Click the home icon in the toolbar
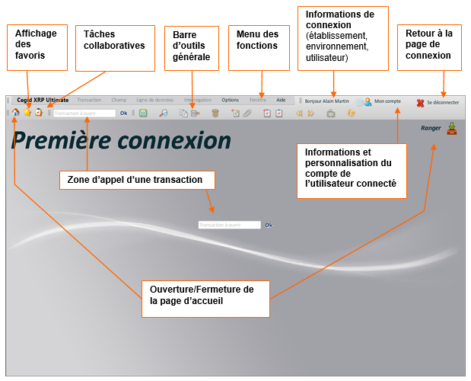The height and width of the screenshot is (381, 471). pos(15,113)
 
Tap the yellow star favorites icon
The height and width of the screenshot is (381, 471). pos(27,113)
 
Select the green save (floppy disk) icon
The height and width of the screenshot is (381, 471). pos(143,114)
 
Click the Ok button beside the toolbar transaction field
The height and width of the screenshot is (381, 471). pos(124,114)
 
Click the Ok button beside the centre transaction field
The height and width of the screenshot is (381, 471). pos(269,225)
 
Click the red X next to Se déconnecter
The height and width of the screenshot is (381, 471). pos(420,102)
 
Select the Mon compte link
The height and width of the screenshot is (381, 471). pos(387,101)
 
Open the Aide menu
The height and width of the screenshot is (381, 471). pos(281,100)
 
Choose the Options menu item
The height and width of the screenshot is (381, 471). pos(230,100)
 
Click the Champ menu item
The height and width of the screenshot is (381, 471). pos(119,100)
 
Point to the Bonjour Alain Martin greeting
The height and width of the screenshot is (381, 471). pos(327,101)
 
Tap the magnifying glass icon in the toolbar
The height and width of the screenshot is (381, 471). pos(164,114)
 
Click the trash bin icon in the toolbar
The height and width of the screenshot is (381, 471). pos(215,114)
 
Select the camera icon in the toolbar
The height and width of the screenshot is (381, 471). pos(330,114)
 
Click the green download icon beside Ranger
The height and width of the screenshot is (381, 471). pos(452,128)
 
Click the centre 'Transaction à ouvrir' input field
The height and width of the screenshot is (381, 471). pos(229,225)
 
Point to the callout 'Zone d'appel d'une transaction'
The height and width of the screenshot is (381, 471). pos(137,180)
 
